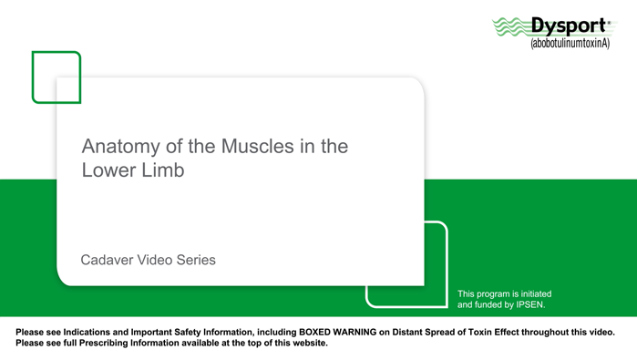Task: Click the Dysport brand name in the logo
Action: (570, 27)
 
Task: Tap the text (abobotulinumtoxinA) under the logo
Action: (570, 43)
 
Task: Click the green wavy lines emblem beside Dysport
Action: (510, 28)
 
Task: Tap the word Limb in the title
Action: (162, 170)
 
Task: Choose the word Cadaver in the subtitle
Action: (107, 260)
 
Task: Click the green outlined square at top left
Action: (57, 77)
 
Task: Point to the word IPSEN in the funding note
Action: (528, 305)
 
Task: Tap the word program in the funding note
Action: (496, 293)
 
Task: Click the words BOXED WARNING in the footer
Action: (336, 332)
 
